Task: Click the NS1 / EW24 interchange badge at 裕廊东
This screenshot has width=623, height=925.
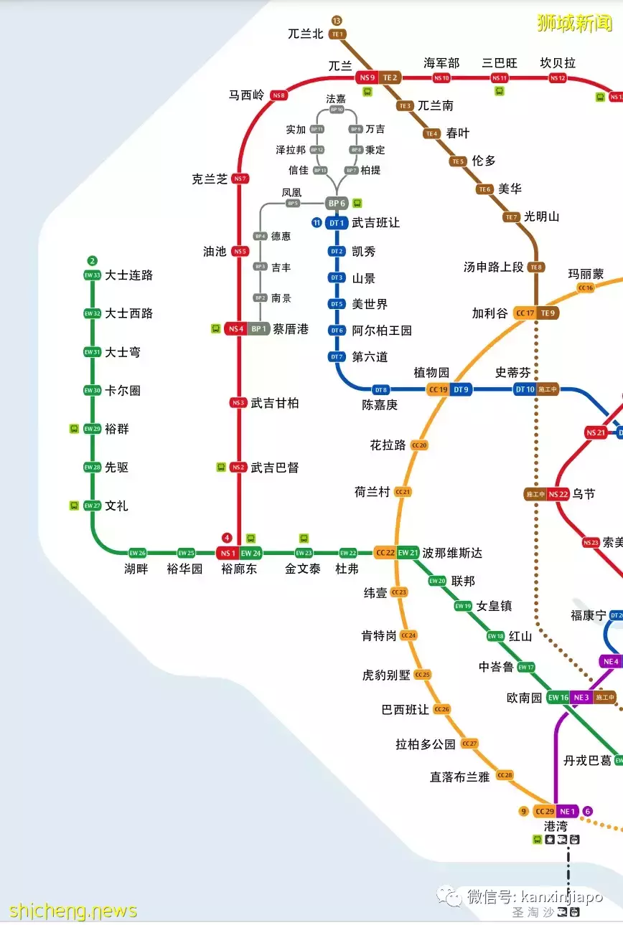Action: tap(240, 553)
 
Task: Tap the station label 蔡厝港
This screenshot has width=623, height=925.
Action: tap(291, 329)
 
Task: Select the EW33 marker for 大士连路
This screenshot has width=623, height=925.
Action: tap(92, 275)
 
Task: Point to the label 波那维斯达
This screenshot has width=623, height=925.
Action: tap(452, 553)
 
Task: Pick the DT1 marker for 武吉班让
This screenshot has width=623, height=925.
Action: tap(337, 223)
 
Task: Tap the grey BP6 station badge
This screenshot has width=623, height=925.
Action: tap(337, 204)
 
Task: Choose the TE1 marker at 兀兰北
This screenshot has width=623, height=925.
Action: tap(337, 34)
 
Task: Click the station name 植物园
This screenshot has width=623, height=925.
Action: tap(431, 373)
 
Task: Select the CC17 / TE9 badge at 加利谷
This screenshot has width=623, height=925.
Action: tap(535, 313)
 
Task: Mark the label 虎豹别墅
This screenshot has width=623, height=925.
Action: tap(386, 675)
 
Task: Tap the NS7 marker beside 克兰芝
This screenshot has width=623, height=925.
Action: tap(240, 179)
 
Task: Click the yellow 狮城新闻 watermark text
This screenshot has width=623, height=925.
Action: tap(574, 23)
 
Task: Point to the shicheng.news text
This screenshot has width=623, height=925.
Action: tap(72, 911)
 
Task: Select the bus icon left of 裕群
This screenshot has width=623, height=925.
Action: tap(74, 429)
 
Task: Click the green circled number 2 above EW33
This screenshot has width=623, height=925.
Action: tap(92, 260)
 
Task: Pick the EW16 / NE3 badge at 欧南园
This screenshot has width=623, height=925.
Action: tap(569, 698)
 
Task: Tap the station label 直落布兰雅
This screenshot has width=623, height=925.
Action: tap(459, 777)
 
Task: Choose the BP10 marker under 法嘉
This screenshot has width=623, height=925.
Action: tap(337, 110)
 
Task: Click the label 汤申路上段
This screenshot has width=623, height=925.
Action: tap(494, 267)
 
